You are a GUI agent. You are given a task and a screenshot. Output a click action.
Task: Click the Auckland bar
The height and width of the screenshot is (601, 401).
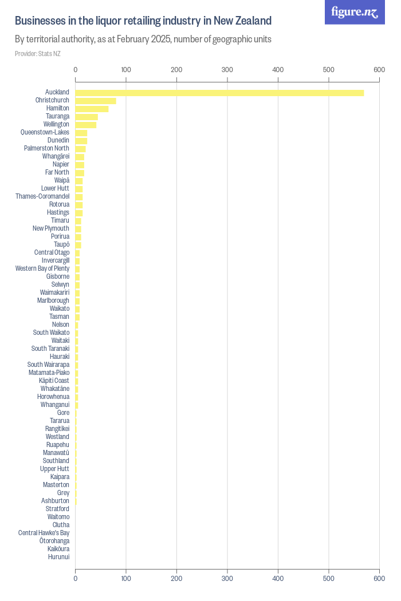pos(219,93)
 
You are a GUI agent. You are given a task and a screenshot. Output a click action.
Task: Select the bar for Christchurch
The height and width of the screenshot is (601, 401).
pos(96,101)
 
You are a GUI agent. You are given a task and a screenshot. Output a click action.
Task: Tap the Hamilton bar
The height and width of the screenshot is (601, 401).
pos(92,109)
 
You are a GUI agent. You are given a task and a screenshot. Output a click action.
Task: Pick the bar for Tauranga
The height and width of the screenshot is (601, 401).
pos(87,117)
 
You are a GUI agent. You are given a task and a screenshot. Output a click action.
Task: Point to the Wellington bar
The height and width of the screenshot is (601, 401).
pos(86,125)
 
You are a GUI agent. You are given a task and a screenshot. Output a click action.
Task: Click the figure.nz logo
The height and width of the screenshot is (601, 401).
pos(355,12)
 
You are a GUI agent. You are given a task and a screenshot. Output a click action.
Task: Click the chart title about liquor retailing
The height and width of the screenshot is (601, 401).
pos(143,21)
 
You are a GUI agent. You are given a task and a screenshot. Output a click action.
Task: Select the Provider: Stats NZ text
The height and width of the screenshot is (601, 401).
pos(37,54)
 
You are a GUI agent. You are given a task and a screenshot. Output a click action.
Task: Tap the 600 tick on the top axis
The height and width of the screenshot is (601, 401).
pos(379,70)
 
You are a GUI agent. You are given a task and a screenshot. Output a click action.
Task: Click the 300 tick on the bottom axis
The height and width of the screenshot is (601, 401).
pos(227,579)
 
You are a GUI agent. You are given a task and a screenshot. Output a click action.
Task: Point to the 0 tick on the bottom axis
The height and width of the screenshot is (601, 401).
pos(76,579)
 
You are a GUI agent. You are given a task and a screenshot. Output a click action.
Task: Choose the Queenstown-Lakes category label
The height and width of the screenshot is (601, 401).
pos(45,132)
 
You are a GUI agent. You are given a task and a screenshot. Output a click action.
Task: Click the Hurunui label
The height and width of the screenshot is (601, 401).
pos(58,557)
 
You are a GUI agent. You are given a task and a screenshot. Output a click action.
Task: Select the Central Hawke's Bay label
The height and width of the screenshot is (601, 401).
pos(44,533)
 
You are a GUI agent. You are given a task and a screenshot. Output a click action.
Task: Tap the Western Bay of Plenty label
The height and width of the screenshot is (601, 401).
pos(42,268)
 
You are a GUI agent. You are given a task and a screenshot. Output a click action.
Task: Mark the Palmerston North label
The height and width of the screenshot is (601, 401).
pos(46,148)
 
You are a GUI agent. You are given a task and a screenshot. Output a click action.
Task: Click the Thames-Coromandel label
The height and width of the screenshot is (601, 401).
pos(42,196)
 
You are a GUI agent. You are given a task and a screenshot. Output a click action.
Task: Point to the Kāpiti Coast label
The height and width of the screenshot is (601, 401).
pos(54,381)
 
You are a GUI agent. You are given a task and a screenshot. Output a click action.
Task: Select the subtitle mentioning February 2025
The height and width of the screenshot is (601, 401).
pos(143,39)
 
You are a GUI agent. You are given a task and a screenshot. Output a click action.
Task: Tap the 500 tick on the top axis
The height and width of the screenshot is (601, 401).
pos(328,70)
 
